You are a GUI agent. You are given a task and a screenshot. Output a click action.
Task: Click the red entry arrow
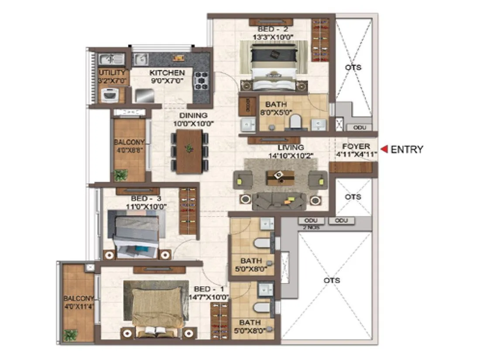pos(384,149)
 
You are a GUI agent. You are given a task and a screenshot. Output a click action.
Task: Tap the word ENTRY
pos(407,149)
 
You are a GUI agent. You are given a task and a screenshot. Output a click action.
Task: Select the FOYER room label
pos(356,146)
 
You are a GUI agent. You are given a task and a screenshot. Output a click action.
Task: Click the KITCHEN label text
pos(167,73)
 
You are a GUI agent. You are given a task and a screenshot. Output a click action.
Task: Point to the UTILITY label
pos(112,72)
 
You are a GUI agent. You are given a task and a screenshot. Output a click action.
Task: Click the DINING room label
pos(192,116)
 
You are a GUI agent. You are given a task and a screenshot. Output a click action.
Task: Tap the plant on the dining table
pos(189,148)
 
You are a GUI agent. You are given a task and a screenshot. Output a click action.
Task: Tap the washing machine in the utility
pos(110,94)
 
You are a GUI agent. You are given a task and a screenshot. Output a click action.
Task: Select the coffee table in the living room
pos(280,176)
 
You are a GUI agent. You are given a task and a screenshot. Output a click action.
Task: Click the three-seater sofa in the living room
pos(279,201)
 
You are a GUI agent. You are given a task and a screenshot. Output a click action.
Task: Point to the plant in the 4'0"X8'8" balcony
pos(120,175)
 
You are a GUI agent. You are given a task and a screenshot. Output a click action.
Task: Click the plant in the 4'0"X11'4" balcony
pos(70,335)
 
